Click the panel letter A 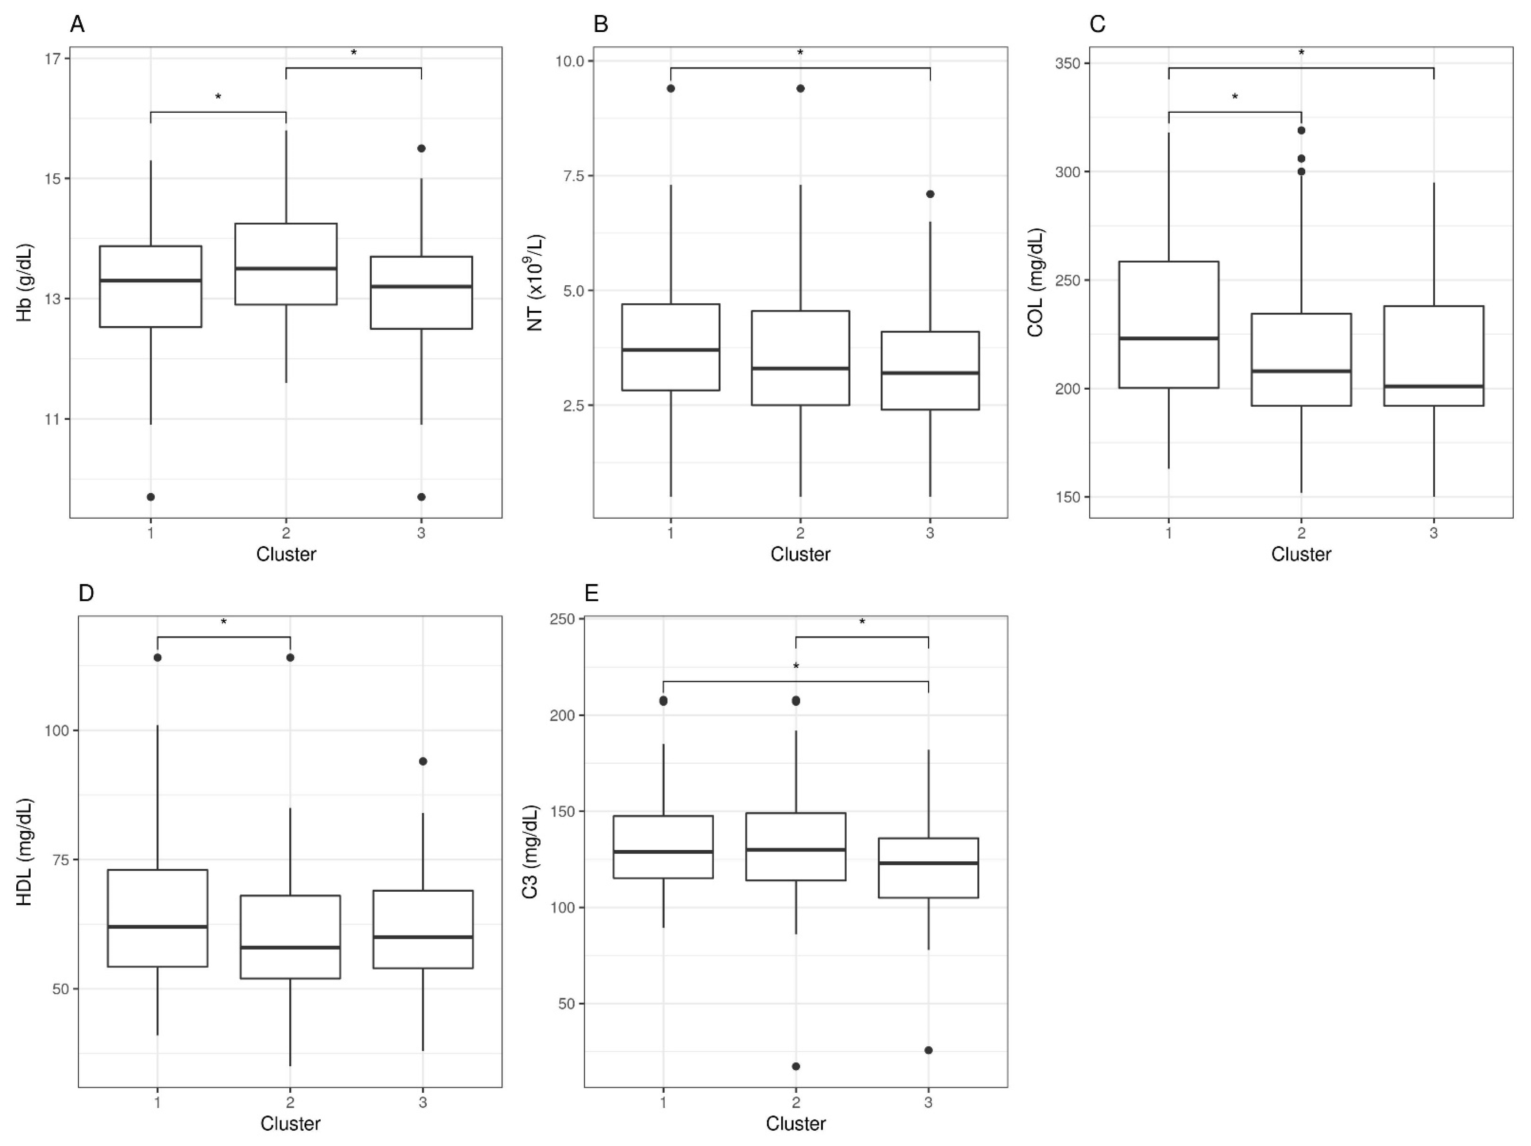point(78,25)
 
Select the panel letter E point(592,594)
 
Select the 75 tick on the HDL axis point(61,859)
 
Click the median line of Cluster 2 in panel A point(286,268)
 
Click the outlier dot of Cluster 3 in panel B point(930,194)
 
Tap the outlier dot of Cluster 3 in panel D point(423,761)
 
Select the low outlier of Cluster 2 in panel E point(796,1066)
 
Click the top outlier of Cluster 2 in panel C point(1301,130)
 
